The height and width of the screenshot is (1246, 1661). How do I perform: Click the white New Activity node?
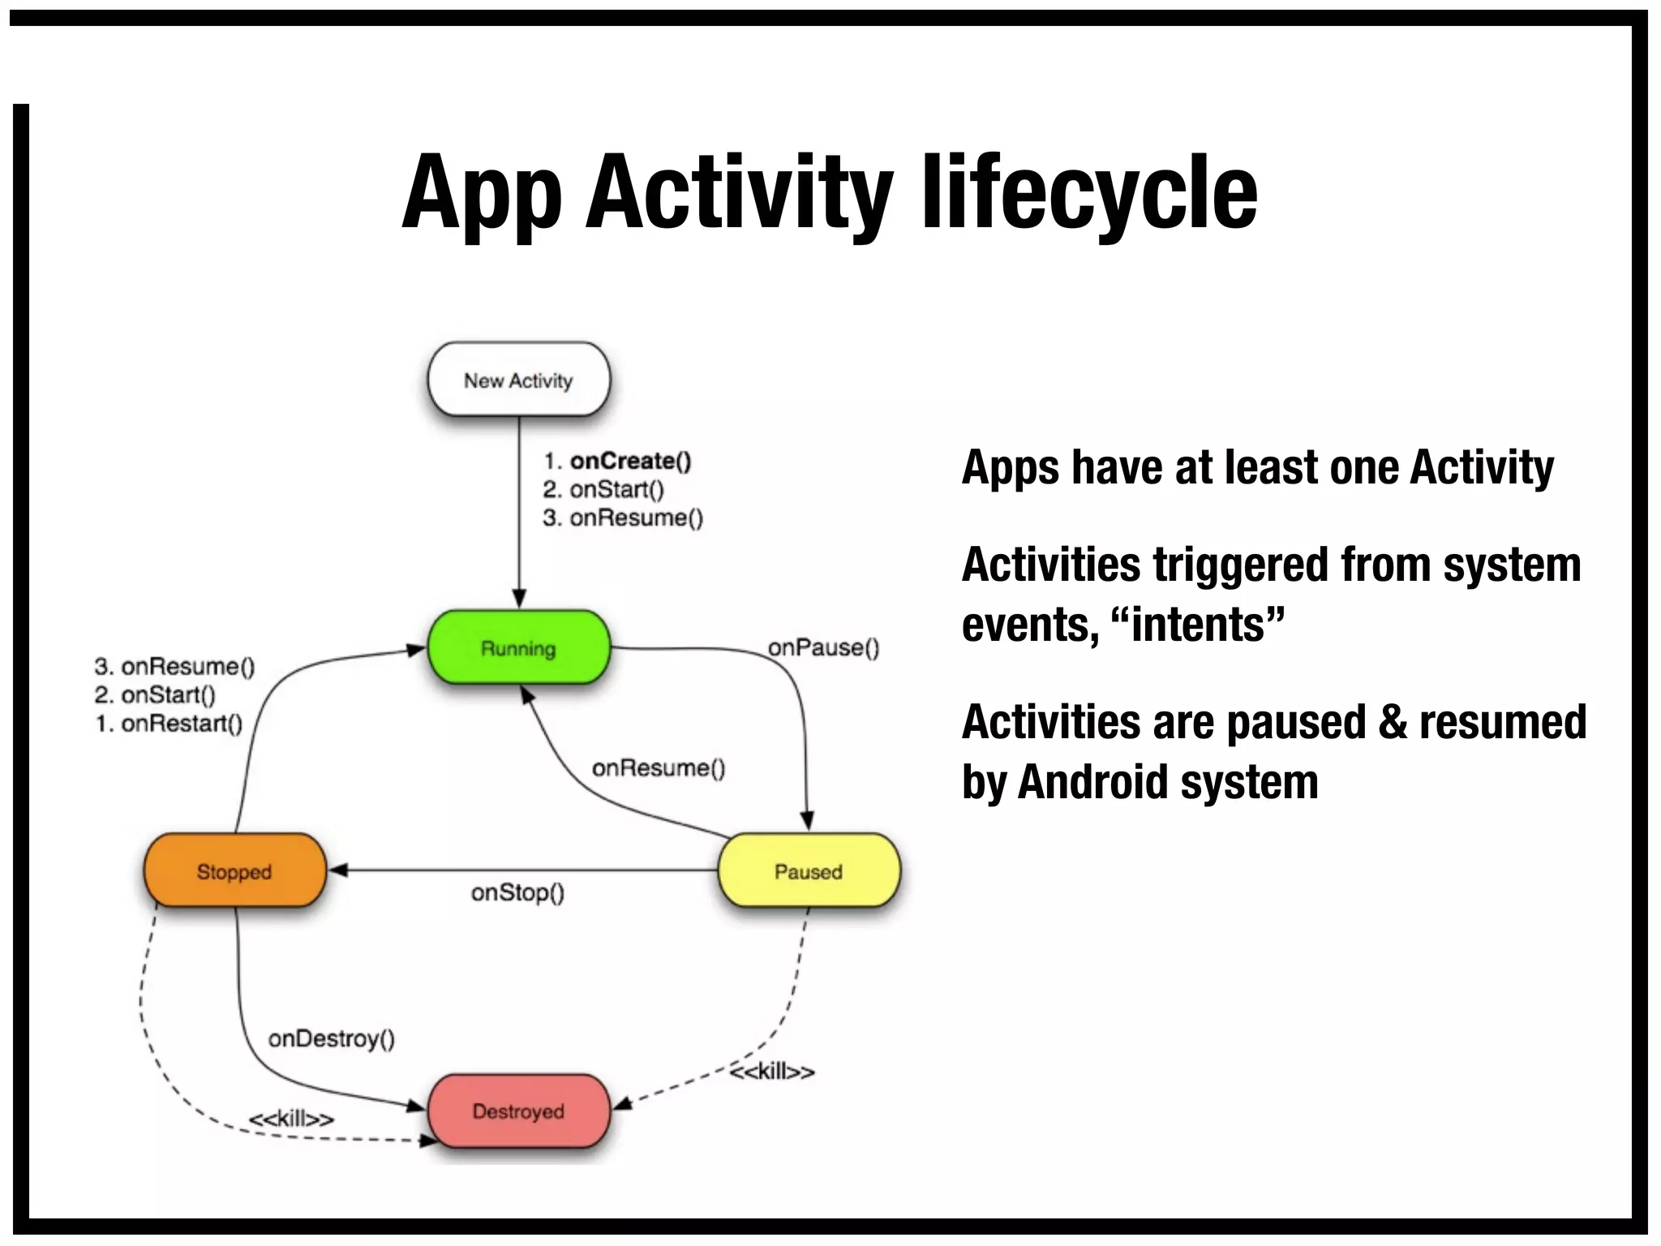(518, 380)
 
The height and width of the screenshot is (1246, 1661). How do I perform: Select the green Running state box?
(518, 648)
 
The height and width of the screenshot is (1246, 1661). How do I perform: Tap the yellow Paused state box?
(809, 871)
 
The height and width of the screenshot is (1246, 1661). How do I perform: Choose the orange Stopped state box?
(234, 871)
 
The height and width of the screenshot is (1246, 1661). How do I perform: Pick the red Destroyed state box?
(518, 1111)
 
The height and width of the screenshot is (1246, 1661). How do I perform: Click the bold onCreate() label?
(630, 461)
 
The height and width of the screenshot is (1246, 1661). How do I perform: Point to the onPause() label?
(823, 647)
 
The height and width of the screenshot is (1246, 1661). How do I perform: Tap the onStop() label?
(517, 892)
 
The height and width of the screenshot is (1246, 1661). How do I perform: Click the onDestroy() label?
(331, 1038)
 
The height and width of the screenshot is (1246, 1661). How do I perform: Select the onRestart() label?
(181, 724)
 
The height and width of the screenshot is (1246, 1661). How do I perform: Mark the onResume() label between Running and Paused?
(659, 767)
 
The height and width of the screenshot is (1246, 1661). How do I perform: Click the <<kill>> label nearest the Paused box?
(771, 1072)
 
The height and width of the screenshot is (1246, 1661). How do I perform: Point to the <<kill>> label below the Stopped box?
(291, 1119)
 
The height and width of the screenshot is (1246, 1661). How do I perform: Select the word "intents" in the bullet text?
(1200, 625)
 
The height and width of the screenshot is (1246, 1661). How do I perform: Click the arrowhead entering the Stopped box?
(337, 870)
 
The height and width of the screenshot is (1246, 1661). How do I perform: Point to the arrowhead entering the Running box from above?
(519, 599)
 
